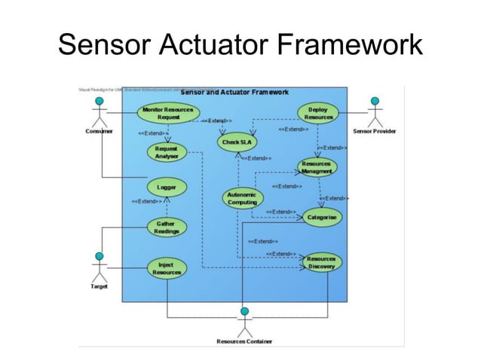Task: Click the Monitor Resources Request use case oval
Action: pos(168,113)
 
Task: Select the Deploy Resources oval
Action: pos(318,113)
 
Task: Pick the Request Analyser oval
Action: pos(166,152)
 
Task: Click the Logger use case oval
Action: pos(166,186)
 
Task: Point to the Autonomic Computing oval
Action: pos(242,198)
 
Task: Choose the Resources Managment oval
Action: pos(317,167)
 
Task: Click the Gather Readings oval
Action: pos(166,227)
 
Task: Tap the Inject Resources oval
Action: pos(166,268)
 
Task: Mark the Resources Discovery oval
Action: pos(320,262)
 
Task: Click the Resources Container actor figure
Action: pos(244,322)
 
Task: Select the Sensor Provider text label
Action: pos(375,132)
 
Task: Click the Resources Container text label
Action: pos(244,341)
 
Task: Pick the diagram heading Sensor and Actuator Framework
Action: pos(234,92)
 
